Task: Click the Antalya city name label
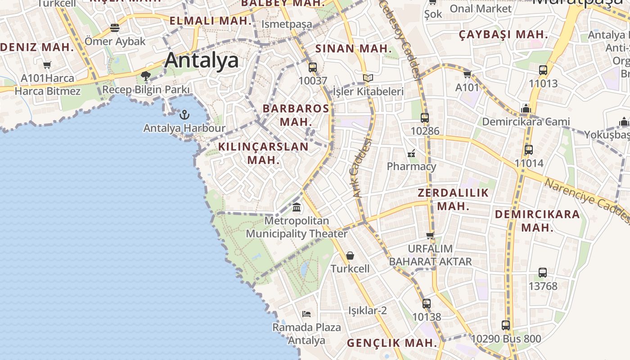(x=201, y=60)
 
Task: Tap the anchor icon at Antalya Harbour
(x=184, y=115)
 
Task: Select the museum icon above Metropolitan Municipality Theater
(x=297, y=207)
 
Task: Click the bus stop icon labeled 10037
(x=313, y=67)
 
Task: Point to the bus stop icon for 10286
(x=425, y=118)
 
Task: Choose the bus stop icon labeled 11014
(x=529, y=150)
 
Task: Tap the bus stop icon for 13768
(x=543, y=273)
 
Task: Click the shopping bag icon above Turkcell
(x=350, y=256)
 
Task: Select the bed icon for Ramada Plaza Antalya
(x=306, y=314)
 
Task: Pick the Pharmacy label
(x=411, y=166)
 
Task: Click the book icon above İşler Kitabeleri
(x=368, y=78)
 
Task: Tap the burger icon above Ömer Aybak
(x=115, y=28)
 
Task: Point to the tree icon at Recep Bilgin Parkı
(x=145, y=76)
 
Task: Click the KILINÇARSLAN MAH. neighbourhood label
(x=263, y=153)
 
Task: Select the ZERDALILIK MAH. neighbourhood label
(x=453, y=199)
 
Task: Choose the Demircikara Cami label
(x=526, y=121)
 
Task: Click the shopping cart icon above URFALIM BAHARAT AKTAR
(x=430, y=235)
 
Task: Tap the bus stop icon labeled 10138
(x=427, y=304)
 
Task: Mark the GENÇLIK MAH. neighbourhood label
(x=391, y=343)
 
